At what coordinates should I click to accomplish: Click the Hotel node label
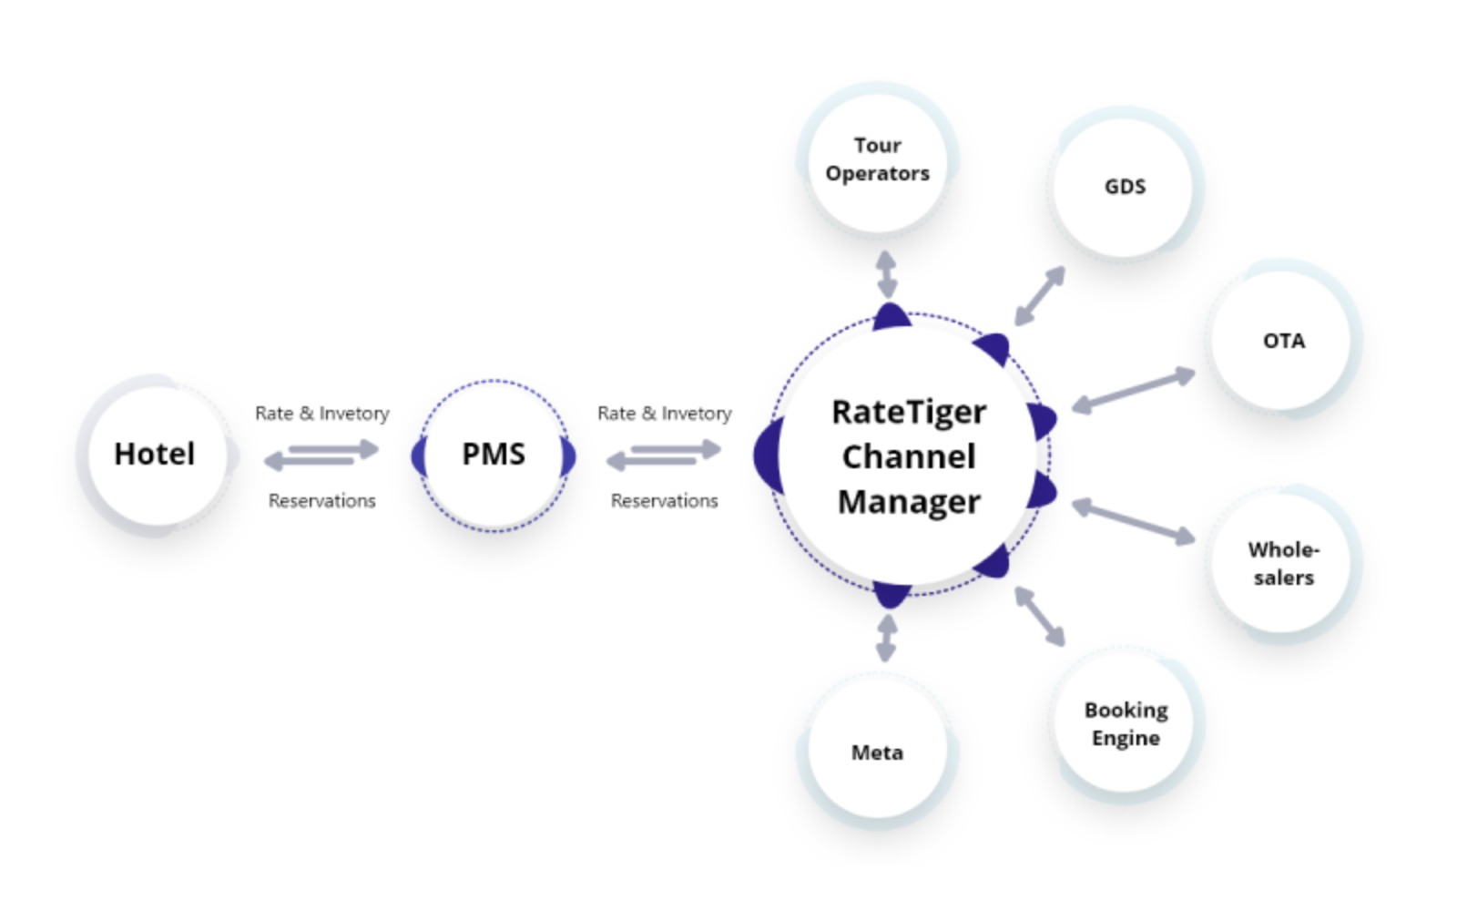tap(154, 454)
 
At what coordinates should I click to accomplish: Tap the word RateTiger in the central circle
tap(908, 412)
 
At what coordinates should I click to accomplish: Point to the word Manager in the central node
tap(908, 502)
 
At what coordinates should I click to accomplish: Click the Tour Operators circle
tap(877, 159)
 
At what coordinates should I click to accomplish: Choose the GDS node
tap(1124, 187)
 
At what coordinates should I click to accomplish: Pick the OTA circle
tap(1282, 341)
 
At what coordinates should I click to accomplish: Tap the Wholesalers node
tap(1282, 563)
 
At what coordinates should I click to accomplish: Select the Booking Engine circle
tap(1126, 724)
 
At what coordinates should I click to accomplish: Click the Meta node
tap(877, 752)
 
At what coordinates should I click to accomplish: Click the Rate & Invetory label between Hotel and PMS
tap(321, 414)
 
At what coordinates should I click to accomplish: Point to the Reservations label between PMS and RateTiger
tap(664, 501)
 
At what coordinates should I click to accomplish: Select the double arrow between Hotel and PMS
tap(321, 455)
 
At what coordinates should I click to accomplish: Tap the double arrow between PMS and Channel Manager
tap(664, 455)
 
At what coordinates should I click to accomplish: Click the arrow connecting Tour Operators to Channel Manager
tap(886, 275)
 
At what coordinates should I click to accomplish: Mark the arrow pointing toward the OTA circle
tap(1133, 390)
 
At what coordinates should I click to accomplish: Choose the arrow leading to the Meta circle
tap(886, 638)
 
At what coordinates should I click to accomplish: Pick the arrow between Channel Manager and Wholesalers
tap(1133, 522)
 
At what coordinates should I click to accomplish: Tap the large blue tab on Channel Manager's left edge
tap(768, 455)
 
